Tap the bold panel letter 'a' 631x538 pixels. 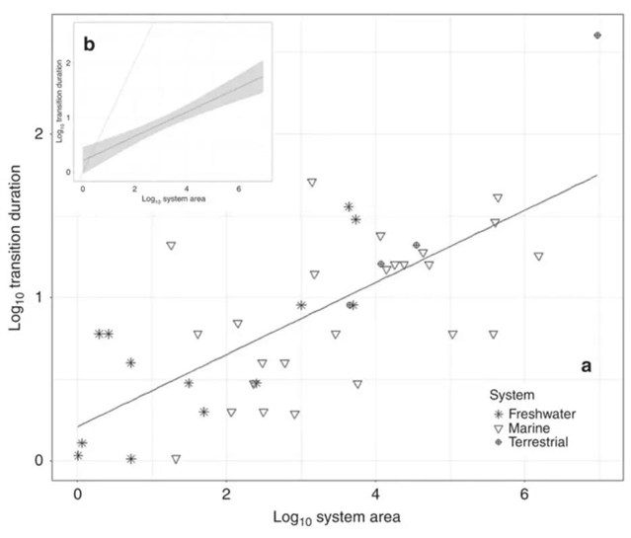586,365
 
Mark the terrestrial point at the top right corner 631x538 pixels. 598,36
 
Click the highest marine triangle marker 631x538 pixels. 312,183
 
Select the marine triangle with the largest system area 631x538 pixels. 538,257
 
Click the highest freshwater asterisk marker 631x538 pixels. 349,206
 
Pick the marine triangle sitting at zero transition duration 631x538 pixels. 176,459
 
